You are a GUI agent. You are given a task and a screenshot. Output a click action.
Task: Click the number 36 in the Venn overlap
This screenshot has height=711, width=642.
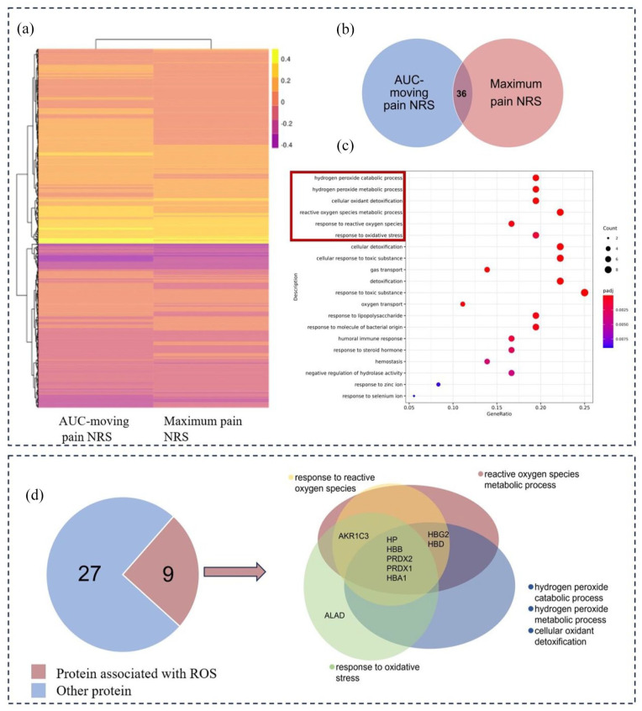pyautogui.click(x=460, y=95)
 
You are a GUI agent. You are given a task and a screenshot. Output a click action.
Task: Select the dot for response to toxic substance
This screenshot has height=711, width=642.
pyautogui.click(x=584, y=292)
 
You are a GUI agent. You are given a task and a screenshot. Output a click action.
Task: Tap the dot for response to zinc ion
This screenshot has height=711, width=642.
pyautogui.click(x=439, y=384)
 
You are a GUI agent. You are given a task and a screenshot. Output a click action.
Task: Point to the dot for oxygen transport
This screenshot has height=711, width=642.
pyautogui.click(x=463, y=303)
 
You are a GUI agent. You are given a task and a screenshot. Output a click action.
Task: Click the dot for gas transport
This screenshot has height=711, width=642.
pyautogui.click(x=487, y=269)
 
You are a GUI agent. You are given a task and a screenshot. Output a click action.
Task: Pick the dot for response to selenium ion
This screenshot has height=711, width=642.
pyautogui.click(x=414, y=396)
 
